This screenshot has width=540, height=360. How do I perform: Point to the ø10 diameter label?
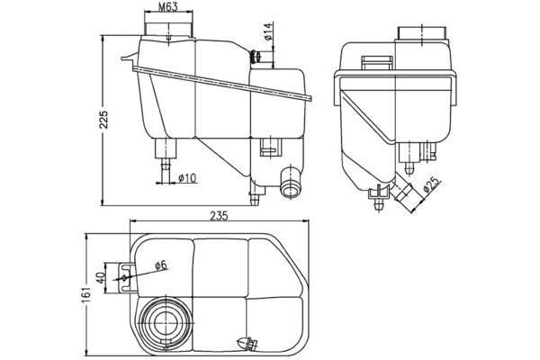[187, 177]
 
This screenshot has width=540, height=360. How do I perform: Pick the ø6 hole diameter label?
[158, 265]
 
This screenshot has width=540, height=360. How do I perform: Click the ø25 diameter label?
[431, 186]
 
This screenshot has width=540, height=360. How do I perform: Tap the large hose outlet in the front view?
[289, 185]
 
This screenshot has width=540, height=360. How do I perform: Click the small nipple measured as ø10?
[166, 165]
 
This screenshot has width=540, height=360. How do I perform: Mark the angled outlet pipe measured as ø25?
[402, 190]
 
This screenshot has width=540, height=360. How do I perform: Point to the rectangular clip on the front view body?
[267, 148]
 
